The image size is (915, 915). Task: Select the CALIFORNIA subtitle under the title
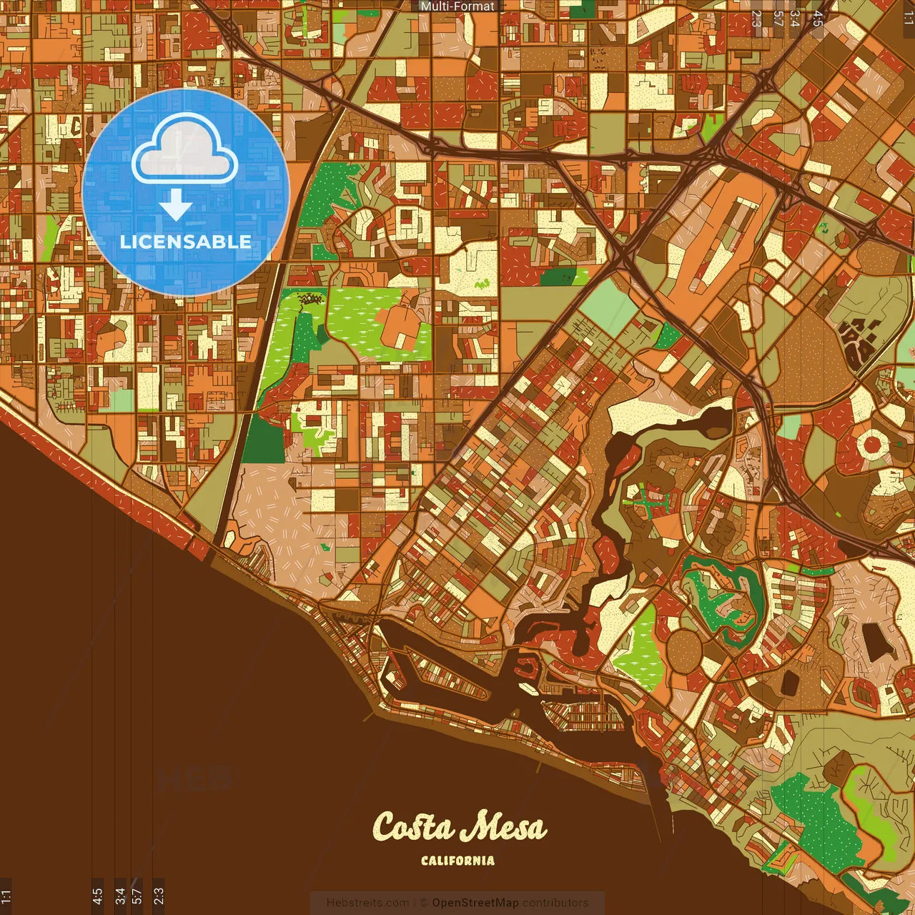point(457,861)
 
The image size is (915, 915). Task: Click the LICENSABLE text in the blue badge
point(185,242)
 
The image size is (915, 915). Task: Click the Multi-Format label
point(457,6)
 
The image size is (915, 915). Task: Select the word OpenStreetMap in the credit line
point(475,903)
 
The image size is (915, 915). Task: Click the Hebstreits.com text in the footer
point(368,903)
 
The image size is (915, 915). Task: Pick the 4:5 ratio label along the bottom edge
point(97,896)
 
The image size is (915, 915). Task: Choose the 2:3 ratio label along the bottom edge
point(159,896)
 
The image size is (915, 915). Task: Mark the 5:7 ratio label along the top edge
point(778,18)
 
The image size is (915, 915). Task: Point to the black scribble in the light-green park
point(312,299)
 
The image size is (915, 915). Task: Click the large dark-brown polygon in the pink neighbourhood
point(874,640)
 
